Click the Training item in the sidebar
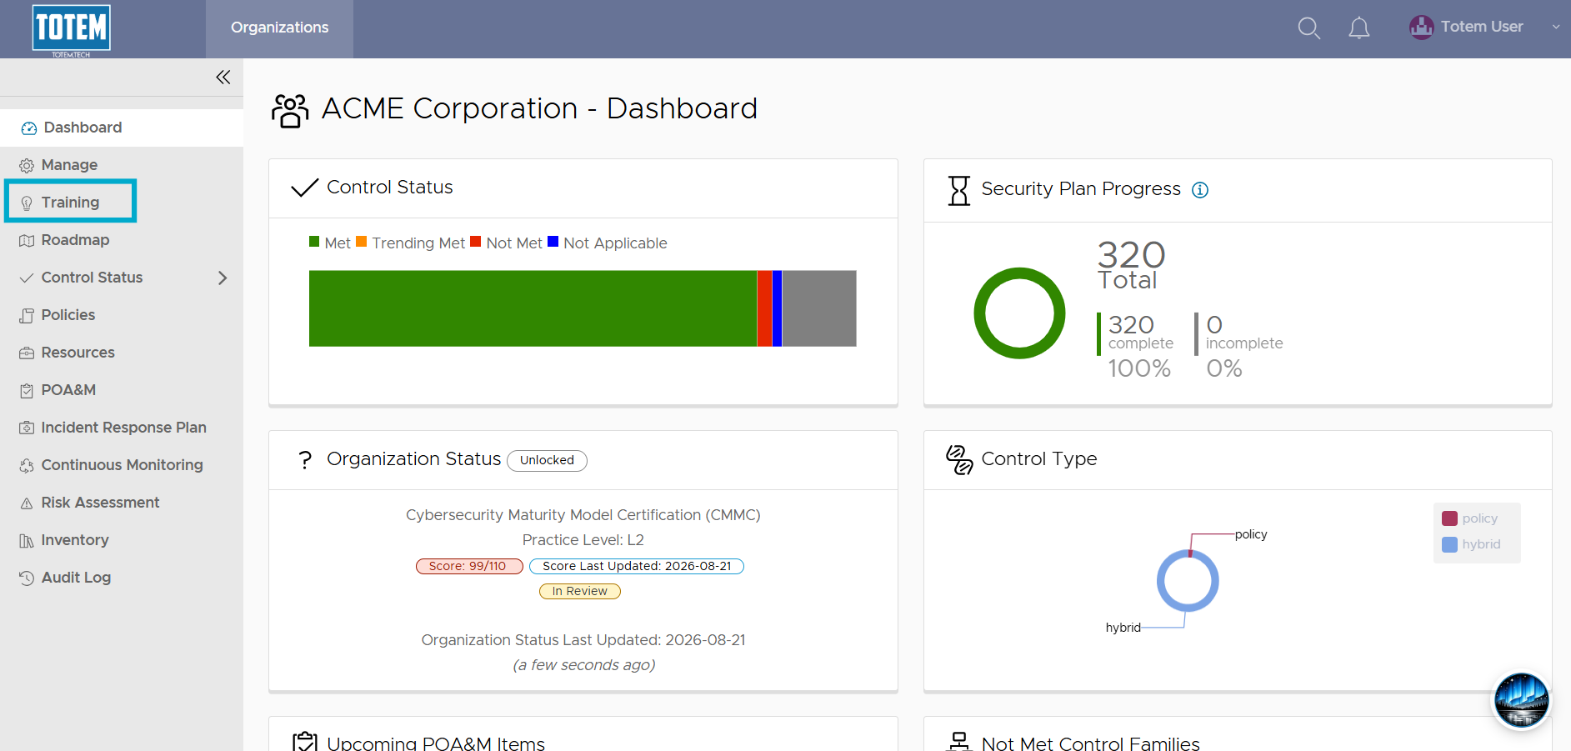tap(70, 203)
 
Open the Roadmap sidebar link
tap(75, 240)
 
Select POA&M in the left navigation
tap(68, 390)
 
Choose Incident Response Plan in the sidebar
tap(123, 428)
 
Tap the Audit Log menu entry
tap(76, 578)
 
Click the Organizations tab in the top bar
tap(279, 28)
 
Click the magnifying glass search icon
tap(1308, 28)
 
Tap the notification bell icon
tap(1358, 28)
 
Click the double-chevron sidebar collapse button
tap(223, 78)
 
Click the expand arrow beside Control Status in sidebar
tap(223, 278)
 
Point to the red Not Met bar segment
tap(764, 308)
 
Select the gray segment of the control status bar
tap(818, 308)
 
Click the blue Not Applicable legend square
tap(553, 242)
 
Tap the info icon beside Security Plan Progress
tap(1200, 190)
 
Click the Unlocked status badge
tap(547, 460)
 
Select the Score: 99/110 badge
tap(469, 566)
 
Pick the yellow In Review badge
tap(580, 591)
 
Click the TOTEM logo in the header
tap(71, 30)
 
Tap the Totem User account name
tap(1482, 27)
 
